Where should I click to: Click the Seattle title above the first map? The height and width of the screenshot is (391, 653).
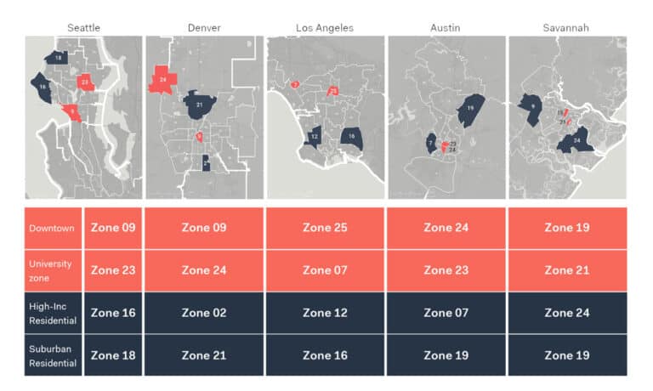[x=83, y=27]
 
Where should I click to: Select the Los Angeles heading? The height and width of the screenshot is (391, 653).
[x=325, y=27]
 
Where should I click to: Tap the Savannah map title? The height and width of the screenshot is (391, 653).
[x=565, y=27]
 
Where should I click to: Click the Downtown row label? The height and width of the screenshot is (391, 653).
[x=53, y=228]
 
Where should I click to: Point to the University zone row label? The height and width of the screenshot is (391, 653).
[x=53, y=269]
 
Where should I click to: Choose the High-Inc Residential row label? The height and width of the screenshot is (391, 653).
[x=53, y=312]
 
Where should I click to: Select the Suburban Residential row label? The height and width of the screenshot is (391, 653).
[x=53, y=354]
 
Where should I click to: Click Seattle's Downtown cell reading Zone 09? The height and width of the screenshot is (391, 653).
[x=113, y=228]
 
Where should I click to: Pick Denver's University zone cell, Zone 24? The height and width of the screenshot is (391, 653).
[x=203, y=270]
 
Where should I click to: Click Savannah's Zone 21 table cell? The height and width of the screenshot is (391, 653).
[x=567, y=270]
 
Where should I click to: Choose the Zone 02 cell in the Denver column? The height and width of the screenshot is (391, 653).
[x=203, y=313]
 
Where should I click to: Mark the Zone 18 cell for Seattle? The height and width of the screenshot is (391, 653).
[x=113, y=355]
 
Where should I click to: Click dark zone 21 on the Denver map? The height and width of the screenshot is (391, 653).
[x=200, y=105]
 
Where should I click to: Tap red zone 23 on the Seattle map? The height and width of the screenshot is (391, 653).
[x=85, y=82]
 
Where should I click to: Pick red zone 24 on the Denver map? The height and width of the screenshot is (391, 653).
[x=162, y=81]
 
